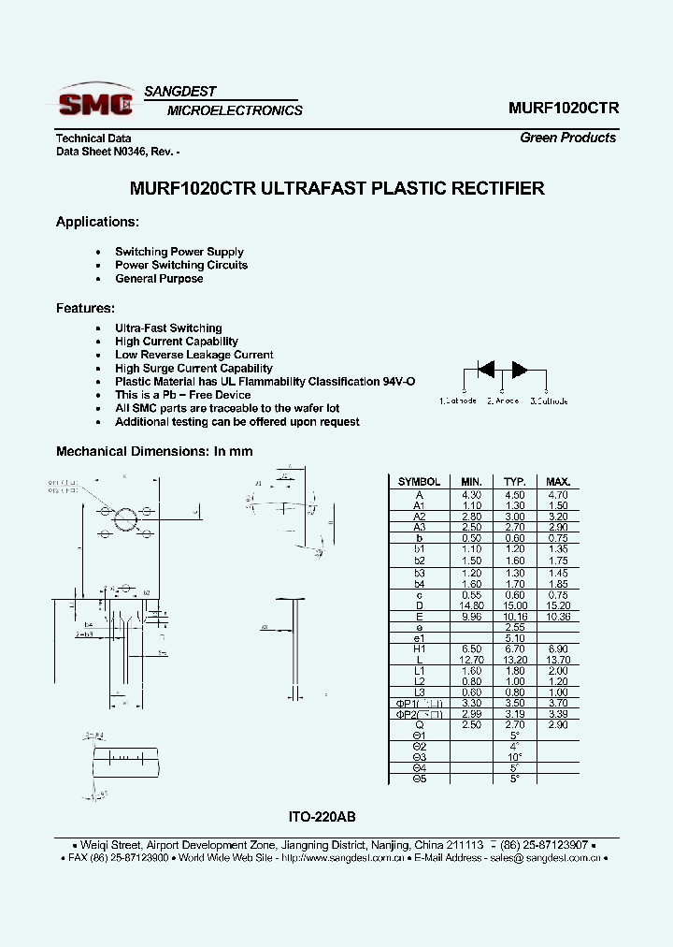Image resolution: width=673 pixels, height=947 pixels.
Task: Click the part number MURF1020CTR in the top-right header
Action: click(563, 108)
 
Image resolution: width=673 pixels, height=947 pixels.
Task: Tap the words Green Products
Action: click(567, 138)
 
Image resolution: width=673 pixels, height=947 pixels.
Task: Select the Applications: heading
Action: click(97, 222)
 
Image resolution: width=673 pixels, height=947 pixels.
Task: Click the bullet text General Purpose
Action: click(159, 279)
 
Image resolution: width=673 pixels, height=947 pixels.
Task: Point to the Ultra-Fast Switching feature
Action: click(168, 328)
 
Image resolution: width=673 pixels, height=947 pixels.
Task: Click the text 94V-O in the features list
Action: click(398, 382)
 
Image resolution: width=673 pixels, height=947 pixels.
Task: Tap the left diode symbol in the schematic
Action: click(486, 369)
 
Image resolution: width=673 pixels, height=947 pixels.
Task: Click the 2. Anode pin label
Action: click(502, 401)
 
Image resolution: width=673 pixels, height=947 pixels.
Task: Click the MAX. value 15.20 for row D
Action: click(558, 605)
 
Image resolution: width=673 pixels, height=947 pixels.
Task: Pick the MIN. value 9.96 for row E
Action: click(471, 616)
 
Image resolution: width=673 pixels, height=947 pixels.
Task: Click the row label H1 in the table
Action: click(420, 648)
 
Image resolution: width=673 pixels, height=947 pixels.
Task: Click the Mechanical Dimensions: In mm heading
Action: click(154, 451)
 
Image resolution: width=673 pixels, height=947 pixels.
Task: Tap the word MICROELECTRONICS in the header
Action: click(235, 110)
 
